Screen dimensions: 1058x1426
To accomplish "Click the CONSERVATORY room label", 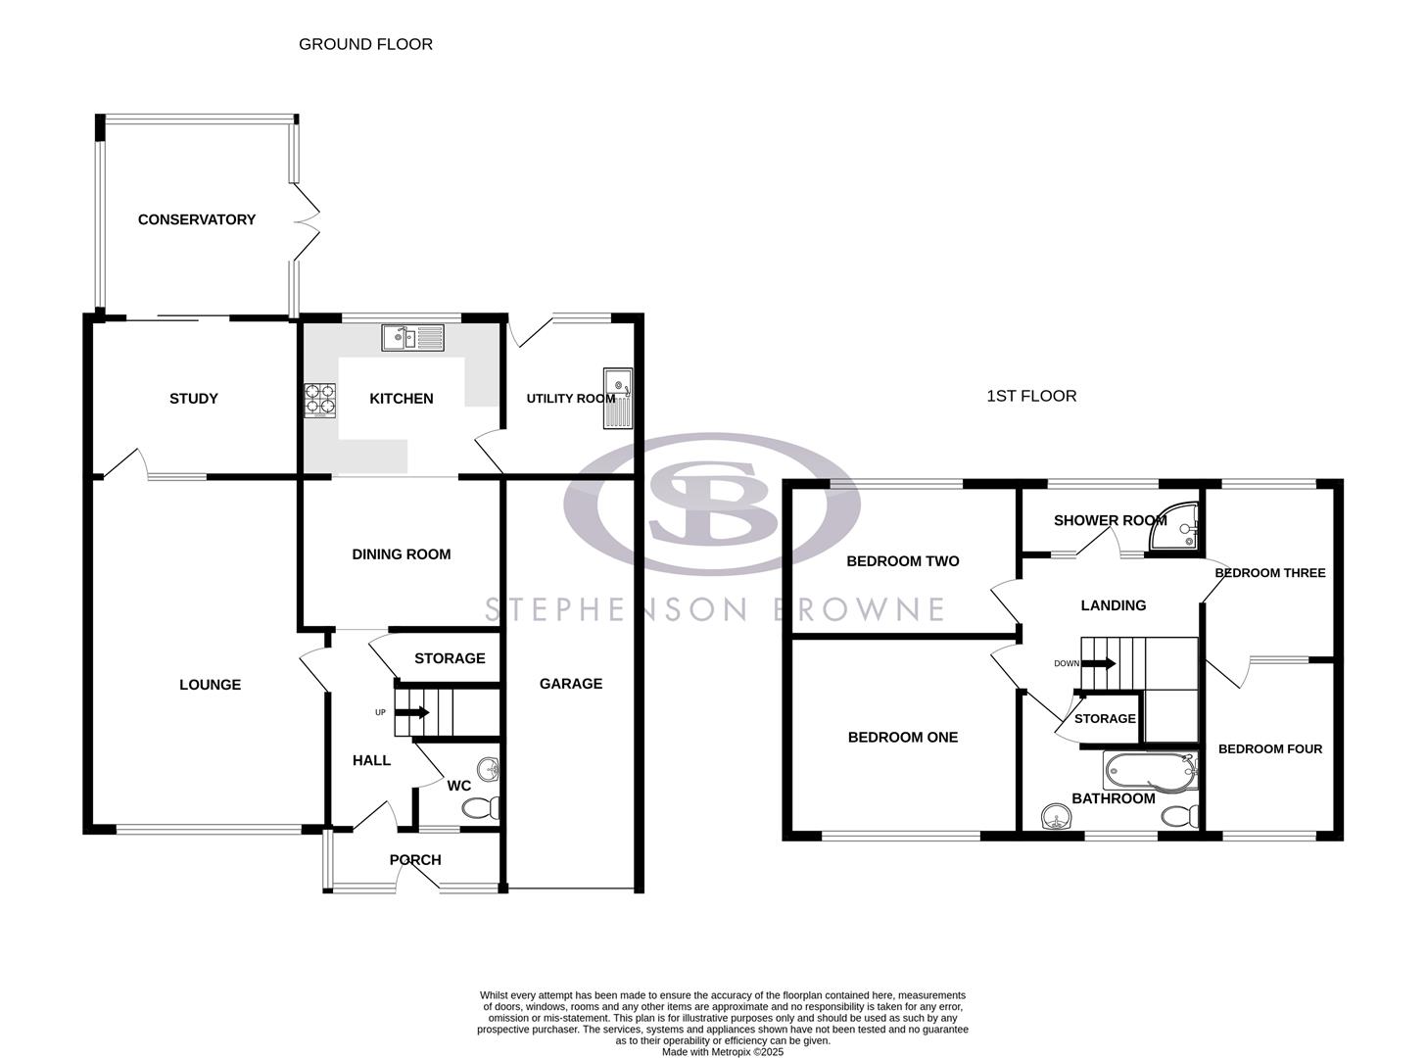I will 196,219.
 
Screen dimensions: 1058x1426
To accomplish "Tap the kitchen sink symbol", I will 413,338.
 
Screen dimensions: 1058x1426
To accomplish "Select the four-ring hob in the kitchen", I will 318,399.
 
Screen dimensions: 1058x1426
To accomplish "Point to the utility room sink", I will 619,398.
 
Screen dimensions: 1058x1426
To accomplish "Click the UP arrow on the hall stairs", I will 419,712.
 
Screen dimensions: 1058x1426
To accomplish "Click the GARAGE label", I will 571,684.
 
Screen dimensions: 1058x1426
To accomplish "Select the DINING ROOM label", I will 402,554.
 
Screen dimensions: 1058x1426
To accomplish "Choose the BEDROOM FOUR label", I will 1270,749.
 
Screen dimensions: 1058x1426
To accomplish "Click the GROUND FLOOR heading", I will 365,44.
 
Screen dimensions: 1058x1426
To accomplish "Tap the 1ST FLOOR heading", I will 1031,396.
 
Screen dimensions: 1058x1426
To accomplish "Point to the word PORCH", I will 415,860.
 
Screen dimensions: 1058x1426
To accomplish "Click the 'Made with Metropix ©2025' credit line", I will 722,1052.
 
